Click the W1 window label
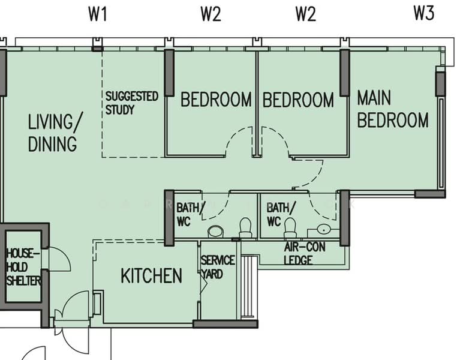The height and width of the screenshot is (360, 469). [x=97, y=14]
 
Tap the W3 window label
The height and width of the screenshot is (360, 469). [x=423, y=14]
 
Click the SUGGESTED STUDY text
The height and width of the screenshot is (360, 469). [x=132, y=103]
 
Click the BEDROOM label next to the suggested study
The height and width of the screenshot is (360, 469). [x=216, y=100]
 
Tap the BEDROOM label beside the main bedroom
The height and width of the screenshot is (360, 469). [x=298, y=100]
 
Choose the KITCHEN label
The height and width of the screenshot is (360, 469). [x=151, y=276]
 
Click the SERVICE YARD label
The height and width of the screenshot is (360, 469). [x=217, y=268]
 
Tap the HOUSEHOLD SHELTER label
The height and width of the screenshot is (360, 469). [x=23, y=267]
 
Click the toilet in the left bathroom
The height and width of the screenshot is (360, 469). [x=245, y=227]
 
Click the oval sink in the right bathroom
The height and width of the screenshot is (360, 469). [x=323, y=229]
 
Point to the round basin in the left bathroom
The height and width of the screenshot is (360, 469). [x=215, y=232]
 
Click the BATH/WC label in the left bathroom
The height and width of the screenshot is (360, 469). [x=191, y=214]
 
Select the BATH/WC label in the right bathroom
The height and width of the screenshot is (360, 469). [x=281, y=214]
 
